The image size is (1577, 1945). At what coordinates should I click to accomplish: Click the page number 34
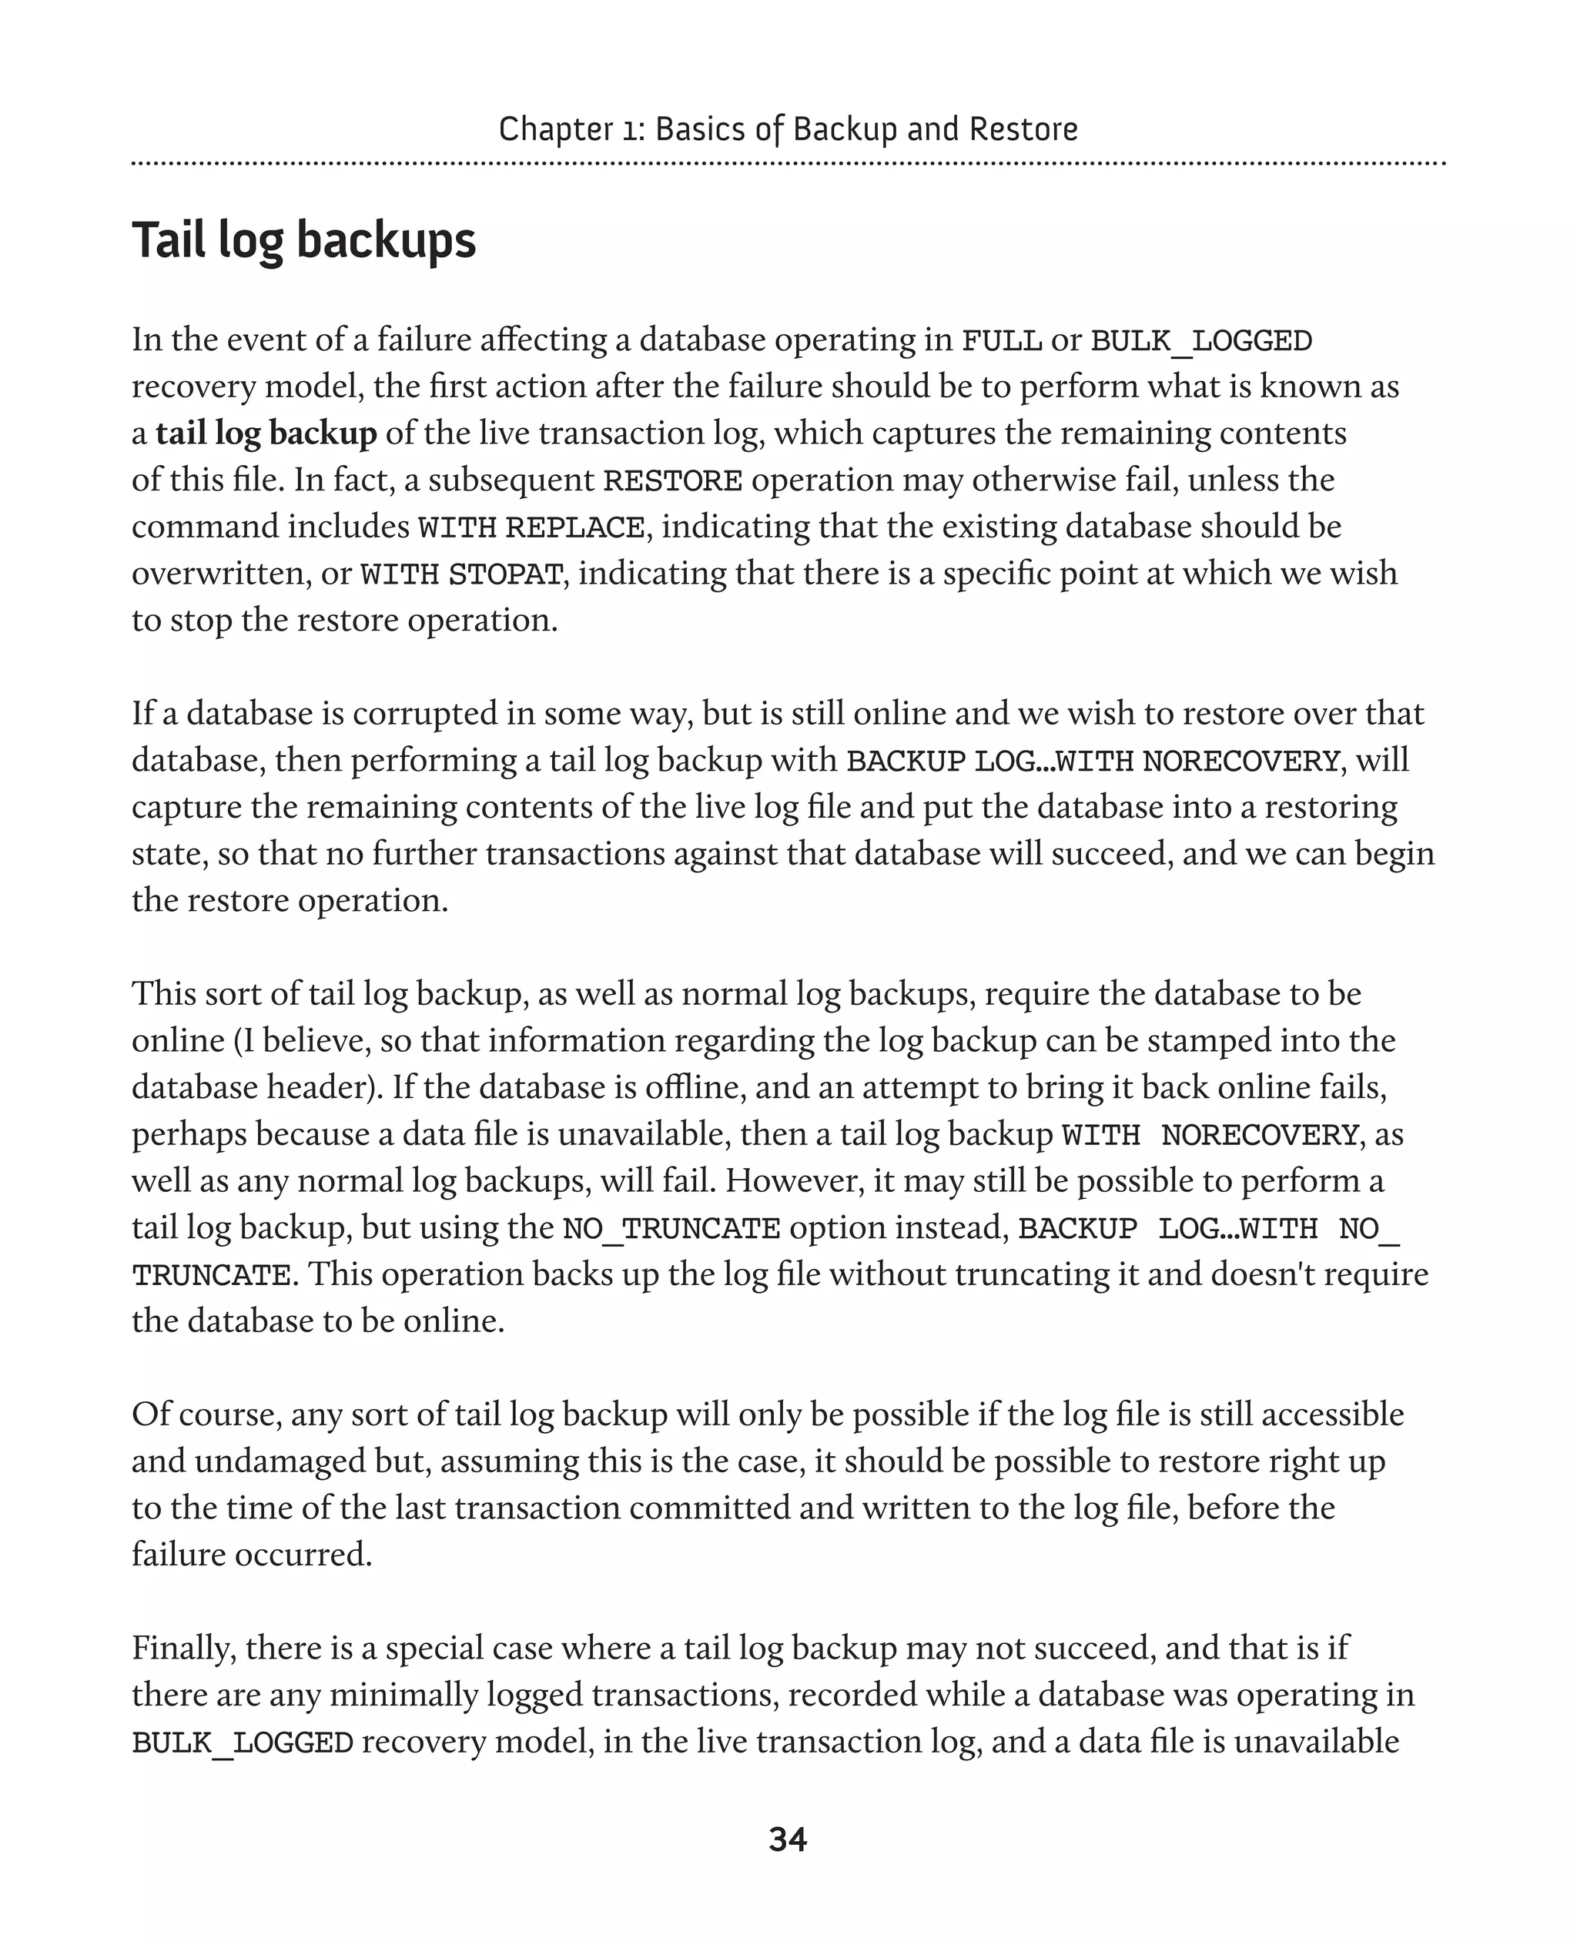coord(788,1840)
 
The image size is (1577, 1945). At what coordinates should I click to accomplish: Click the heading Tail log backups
coord(303,241)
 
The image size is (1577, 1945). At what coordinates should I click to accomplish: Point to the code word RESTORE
coord(672,480)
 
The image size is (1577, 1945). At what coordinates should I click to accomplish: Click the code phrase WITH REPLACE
coord(531,527)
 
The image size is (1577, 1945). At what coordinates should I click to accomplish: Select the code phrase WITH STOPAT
coord(461,575)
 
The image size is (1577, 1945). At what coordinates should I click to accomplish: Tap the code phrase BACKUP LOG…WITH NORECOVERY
coord(1093,761)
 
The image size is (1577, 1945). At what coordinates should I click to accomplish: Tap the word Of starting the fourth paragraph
coord(149,1414)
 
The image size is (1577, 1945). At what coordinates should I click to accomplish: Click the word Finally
coord(182,1648)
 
